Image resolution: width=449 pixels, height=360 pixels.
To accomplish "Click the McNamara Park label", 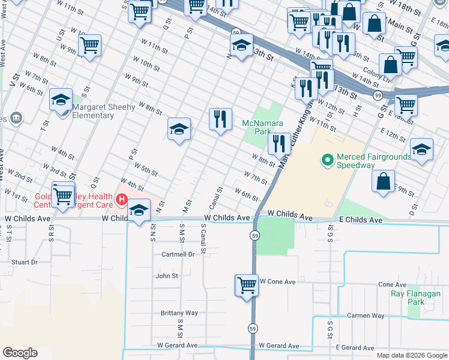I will (x=258, y=127).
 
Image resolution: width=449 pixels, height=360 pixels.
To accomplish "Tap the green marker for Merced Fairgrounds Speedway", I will (x=327, y=160).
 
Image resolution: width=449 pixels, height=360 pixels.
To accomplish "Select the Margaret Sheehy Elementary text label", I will (x=101, y=111).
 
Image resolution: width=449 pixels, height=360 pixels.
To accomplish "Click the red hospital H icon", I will (x=122, y=200).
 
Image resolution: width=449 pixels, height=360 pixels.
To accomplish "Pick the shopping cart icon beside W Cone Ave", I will (x=247, y=285).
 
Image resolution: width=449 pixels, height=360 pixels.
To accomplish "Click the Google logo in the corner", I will (x=19, y=353).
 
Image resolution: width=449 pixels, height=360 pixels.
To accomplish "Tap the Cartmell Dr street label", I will (x=178, y=254).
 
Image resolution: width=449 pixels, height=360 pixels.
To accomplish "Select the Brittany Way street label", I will (x=179, y=313).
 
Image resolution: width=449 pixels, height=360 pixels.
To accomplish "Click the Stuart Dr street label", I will (x=24, y=262).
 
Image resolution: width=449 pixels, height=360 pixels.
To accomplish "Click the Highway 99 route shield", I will (x=377, y=95).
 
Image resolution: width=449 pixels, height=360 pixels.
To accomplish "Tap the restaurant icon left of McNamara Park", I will (x=220, y=118).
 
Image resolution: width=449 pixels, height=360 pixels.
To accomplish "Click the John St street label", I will (x=167, y=276).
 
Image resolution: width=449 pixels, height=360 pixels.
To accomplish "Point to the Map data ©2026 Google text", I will (x=412, y=355).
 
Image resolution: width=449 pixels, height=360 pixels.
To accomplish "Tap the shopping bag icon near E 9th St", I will (x=384, y=182).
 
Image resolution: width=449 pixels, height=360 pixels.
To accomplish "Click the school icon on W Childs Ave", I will (x=139, y=211).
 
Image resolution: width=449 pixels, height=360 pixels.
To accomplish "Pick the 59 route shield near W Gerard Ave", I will (x=254, y=328).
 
